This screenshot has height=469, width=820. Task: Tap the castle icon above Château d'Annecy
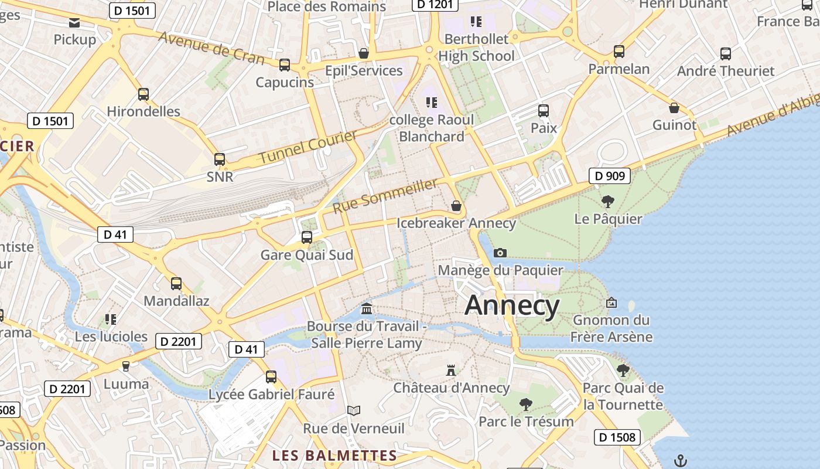point(451,370)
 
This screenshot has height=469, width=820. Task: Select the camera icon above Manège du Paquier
point(500,253)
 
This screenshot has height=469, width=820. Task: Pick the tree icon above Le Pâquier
point(608,202)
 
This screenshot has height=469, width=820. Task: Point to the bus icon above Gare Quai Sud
point(306,237)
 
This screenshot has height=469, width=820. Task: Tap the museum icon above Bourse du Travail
point(367,308)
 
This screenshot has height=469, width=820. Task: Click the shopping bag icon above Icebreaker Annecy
point(456,206)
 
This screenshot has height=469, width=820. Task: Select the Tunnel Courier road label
point(307,147)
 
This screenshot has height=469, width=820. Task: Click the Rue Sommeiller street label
point(385,196)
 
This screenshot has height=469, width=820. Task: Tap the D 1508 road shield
point(618,437)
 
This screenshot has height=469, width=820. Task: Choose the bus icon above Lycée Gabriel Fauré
point(271,376)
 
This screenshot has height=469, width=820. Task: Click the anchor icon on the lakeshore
point(680,460)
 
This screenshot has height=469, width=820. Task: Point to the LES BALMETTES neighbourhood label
point(335,456)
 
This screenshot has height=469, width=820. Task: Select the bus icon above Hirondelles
point(143,94)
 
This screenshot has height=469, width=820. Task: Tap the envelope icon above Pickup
point(74,23)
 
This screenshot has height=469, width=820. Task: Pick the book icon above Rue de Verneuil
point(354,410)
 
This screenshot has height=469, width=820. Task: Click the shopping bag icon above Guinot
point(674,108)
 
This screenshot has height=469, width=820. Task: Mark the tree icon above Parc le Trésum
point(525,404)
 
